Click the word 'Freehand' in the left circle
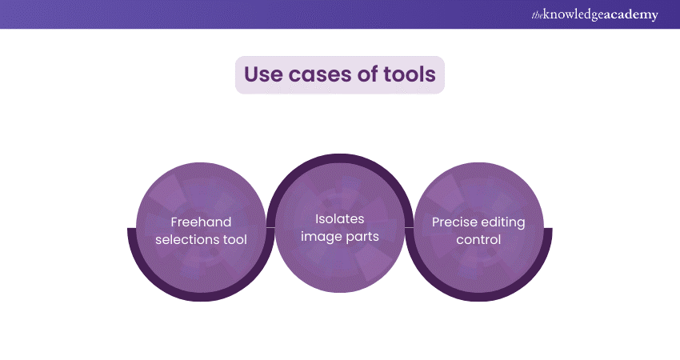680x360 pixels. [x=201, y=222]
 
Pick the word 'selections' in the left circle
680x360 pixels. [x=186, y=239]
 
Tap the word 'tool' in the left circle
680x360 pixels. [x=234, y=239]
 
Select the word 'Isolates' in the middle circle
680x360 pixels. [x=339, y=219]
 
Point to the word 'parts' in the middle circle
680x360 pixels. [x=360, y=238]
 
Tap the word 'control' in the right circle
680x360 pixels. [x=478, y=239]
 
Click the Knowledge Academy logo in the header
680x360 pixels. [x=594, y=14]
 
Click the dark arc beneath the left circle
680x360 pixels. [x=201, y=297]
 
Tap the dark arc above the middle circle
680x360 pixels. [x=340, y=158]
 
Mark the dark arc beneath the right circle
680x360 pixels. [x=478, y=297]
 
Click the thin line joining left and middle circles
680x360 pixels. [x=270, y=227]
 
